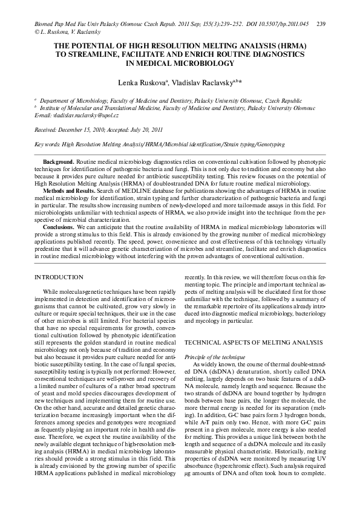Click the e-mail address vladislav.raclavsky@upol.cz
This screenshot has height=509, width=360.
[x=85, y=115]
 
